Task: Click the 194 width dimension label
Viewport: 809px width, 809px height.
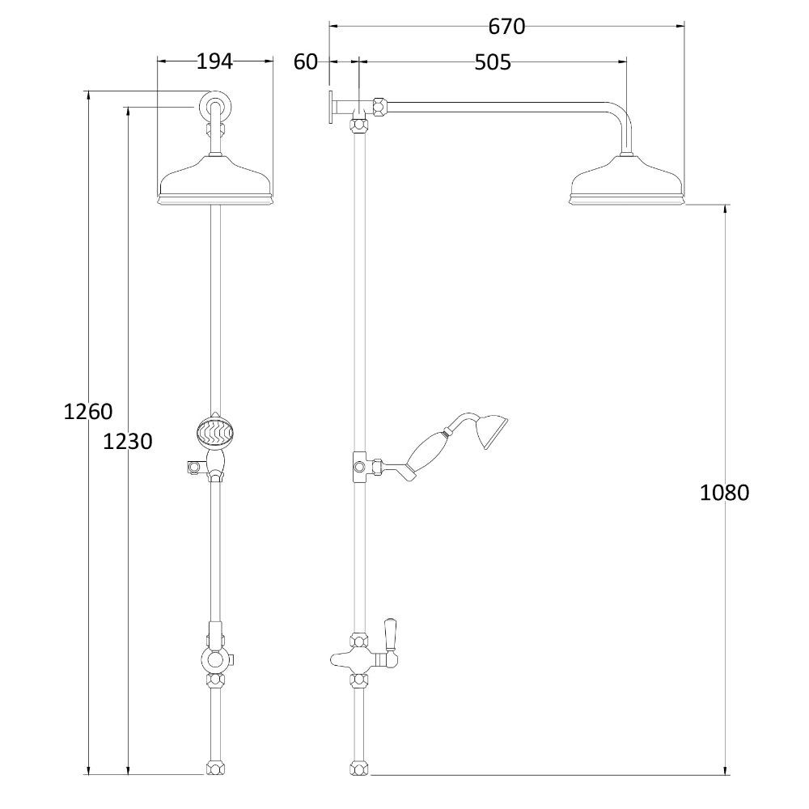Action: coord(215,61)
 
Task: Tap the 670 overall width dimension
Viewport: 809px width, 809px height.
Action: coord(506,27)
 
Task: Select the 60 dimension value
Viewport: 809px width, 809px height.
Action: coord(306,62)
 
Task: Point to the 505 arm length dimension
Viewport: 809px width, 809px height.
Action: coord(493,62)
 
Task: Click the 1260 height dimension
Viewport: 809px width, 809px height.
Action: coord(87,412)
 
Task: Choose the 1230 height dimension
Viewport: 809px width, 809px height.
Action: coord(128,442)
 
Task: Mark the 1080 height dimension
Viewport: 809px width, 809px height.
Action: coord(725,492)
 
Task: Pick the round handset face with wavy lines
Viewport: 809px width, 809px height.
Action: coord(215,432)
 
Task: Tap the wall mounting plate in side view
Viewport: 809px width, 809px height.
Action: coord(332,108)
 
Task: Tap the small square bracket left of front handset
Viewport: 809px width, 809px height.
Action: coord(193,466)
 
